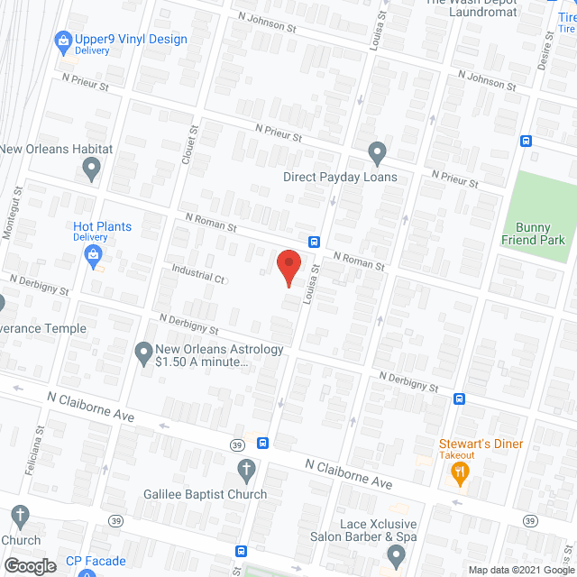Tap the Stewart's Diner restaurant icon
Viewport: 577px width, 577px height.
point(459,472)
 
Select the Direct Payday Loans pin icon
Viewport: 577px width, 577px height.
point(377,152)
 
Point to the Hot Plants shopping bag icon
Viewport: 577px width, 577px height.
point(93,256)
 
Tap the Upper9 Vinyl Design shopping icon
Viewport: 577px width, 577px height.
point(63,40)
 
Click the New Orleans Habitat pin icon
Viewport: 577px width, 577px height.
point(90,167)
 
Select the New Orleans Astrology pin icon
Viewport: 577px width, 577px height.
point(143,353)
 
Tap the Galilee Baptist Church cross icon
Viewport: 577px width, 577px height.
point(245,469)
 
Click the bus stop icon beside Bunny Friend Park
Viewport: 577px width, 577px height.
point(526,141)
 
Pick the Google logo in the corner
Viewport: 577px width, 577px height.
point(29,565)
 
